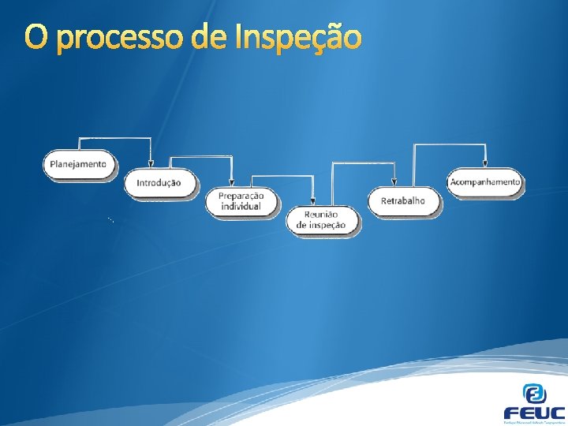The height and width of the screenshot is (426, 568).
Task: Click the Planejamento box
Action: coord(78,164)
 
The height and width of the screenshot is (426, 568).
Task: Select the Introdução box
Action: coord(159,183)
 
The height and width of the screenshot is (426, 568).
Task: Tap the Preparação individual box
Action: coord(241,201)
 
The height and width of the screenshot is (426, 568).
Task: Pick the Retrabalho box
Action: coord(403,201)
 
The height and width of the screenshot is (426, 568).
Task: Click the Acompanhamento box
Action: coord(485,181)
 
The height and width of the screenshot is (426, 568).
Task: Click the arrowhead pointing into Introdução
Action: coord(151,164)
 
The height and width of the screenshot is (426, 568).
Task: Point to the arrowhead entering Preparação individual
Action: coord(231,183)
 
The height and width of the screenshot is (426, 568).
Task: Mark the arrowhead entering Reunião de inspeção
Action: coord(314,203)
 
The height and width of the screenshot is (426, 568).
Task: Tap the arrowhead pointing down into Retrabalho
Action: coord(394,183)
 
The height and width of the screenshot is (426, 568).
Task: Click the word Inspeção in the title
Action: coord(298,38)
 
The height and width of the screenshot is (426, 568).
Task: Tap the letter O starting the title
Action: coord(35,36)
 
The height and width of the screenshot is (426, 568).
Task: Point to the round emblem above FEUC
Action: coord(534,392)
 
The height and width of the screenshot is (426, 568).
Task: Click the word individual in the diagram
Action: coord(241,207)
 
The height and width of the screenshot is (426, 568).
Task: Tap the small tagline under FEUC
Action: coord(534,422)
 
